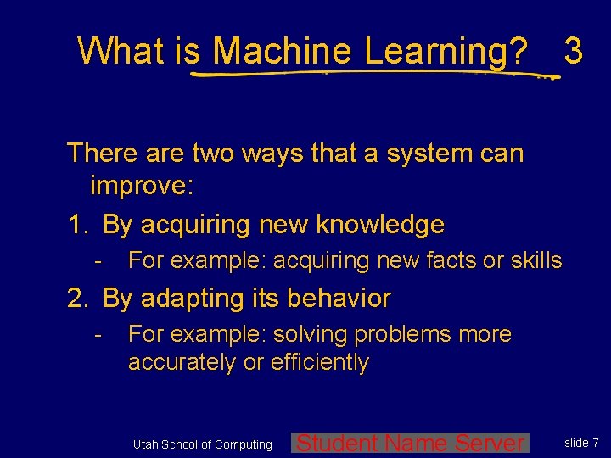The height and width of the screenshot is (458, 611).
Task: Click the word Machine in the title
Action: point(282,51)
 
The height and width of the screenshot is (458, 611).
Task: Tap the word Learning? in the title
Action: point(446,51)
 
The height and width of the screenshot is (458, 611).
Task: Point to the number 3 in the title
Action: point(574,51)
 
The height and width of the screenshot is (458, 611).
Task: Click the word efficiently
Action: point(320,362)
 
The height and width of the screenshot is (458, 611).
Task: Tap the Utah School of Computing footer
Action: point(203,444)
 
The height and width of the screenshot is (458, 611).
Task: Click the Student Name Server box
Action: point(411,443)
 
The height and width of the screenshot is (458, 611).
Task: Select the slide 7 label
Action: point(582,443)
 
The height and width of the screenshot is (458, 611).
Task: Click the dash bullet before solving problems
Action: point(99,335)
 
